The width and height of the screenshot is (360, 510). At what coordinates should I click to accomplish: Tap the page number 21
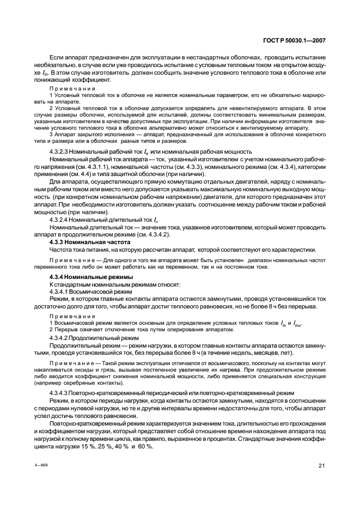pos(322,465)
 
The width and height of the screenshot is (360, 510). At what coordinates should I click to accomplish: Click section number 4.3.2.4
pos(60,219)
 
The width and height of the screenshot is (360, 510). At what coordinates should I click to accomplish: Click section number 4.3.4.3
pos(60,392)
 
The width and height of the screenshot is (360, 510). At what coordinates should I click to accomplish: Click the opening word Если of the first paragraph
pos(57,57)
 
